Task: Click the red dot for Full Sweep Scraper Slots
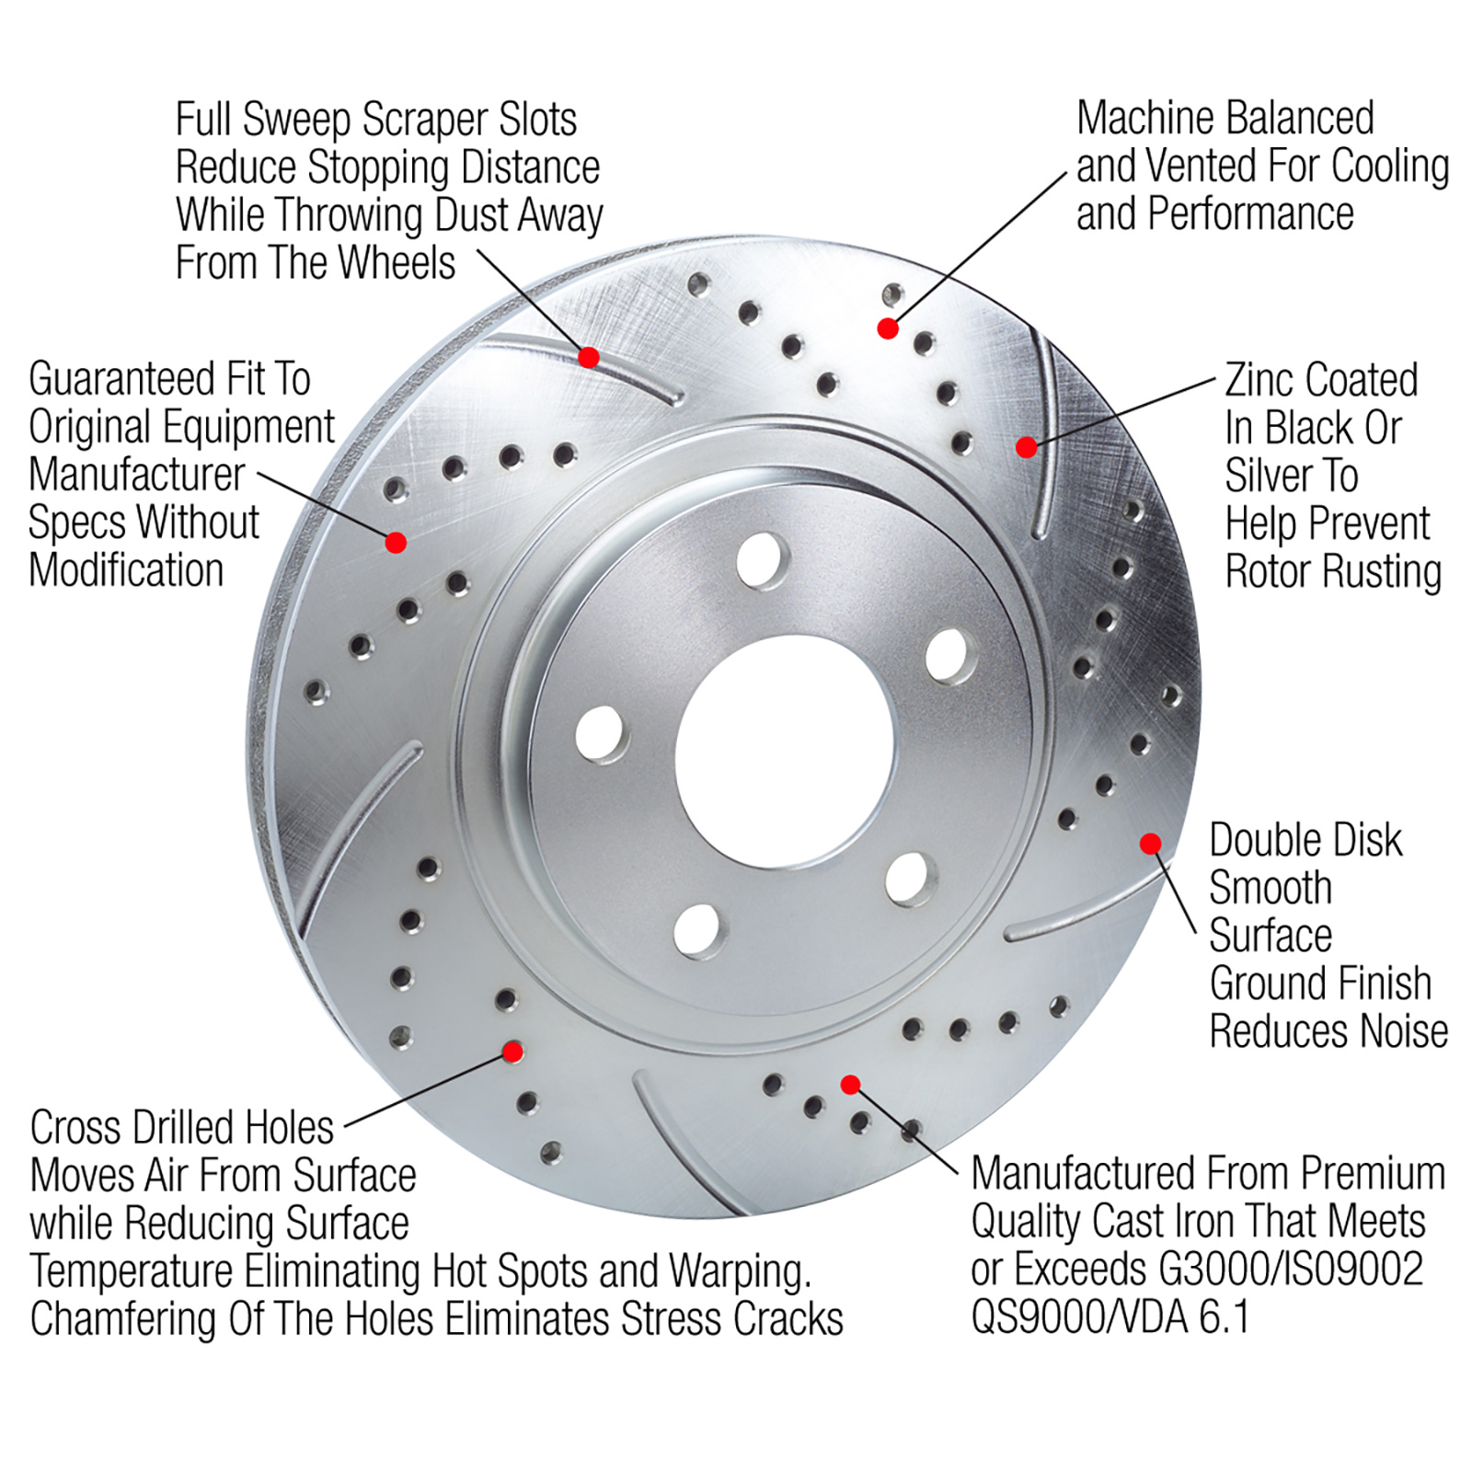point(589,357)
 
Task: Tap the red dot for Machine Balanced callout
point(888,328)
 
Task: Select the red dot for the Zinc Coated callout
point(1027,447)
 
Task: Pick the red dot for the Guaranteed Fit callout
point(396,543)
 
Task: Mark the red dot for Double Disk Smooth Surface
point(1150,844)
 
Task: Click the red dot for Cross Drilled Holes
point(513,1052)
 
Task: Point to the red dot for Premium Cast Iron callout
point(851,1085)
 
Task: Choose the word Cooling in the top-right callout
point(1389,167)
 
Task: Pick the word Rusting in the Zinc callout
point(1382,571)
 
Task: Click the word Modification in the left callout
point(127,570)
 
